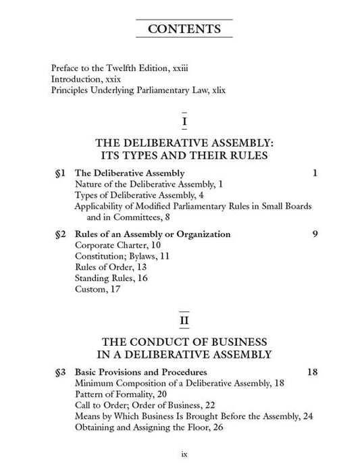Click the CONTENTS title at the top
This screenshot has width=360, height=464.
[183, 29]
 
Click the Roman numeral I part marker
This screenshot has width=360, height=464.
[184, 122]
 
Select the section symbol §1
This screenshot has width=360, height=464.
[59, 173]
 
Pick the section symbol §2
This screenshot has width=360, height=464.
[59, 234]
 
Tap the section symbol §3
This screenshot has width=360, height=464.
[59, 371]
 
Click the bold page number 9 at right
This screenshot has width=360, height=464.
[315, 234]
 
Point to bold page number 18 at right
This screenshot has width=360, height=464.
[312, 371]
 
